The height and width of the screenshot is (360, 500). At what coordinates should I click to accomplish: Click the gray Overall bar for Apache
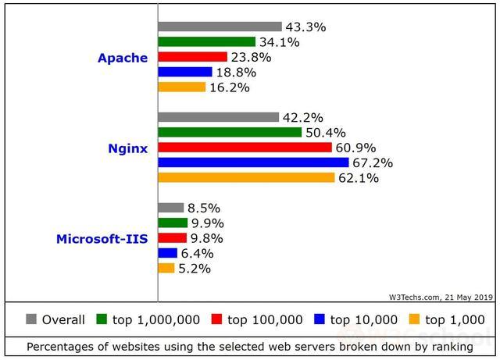(220, 27)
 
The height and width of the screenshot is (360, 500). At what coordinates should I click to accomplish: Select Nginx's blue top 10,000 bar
(253, 162)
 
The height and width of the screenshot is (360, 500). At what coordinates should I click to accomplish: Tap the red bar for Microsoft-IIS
(172, 238)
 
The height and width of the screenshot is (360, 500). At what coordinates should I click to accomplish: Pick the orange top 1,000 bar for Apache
(181, 87)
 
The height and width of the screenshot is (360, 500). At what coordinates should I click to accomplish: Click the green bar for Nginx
(230, 133)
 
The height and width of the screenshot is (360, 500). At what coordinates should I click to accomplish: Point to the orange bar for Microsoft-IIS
(166, 269)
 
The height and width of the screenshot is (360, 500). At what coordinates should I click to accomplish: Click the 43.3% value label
(305, 27)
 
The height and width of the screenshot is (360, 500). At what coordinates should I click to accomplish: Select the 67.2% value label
(373, 163)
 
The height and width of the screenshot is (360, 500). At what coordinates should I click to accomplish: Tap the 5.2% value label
(194, 269)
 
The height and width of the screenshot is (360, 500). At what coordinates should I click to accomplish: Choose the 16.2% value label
(229, 87)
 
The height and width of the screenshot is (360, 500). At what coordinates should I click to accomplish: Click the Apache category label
(122, 58)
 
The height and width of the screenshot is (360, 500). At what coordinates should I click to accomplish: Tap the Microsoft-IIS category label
(102, 238)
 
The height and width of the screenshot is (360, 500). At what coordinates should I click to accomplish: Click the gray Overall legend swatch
(31, 319)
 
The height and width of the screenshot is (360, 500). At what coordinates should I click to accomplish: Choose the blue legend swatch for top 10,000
(320, 319)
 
